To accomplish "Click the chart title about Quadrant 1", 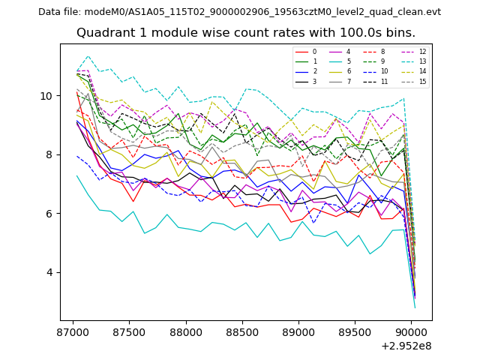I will pyautogui.click(x=246, y=33).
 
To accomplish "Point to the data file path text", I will pyautogui.click(x=239, y=12).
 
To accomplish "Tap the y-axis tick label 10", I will pyautogui.click(x=47, y=96).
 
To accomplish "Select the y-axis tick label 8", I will pyautogui.click(x=50, y=154).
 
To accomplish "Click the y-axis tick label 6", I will pyautogui.click(x=50, y=214).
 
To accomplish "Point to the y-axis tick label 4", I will pyautogui.click(x=50, y=272).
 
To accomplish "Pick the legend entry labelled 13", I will pyautogui.click(x=422, y=61).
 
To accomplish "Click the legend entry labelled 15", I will pyautogui.click(x=422, y=81).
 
